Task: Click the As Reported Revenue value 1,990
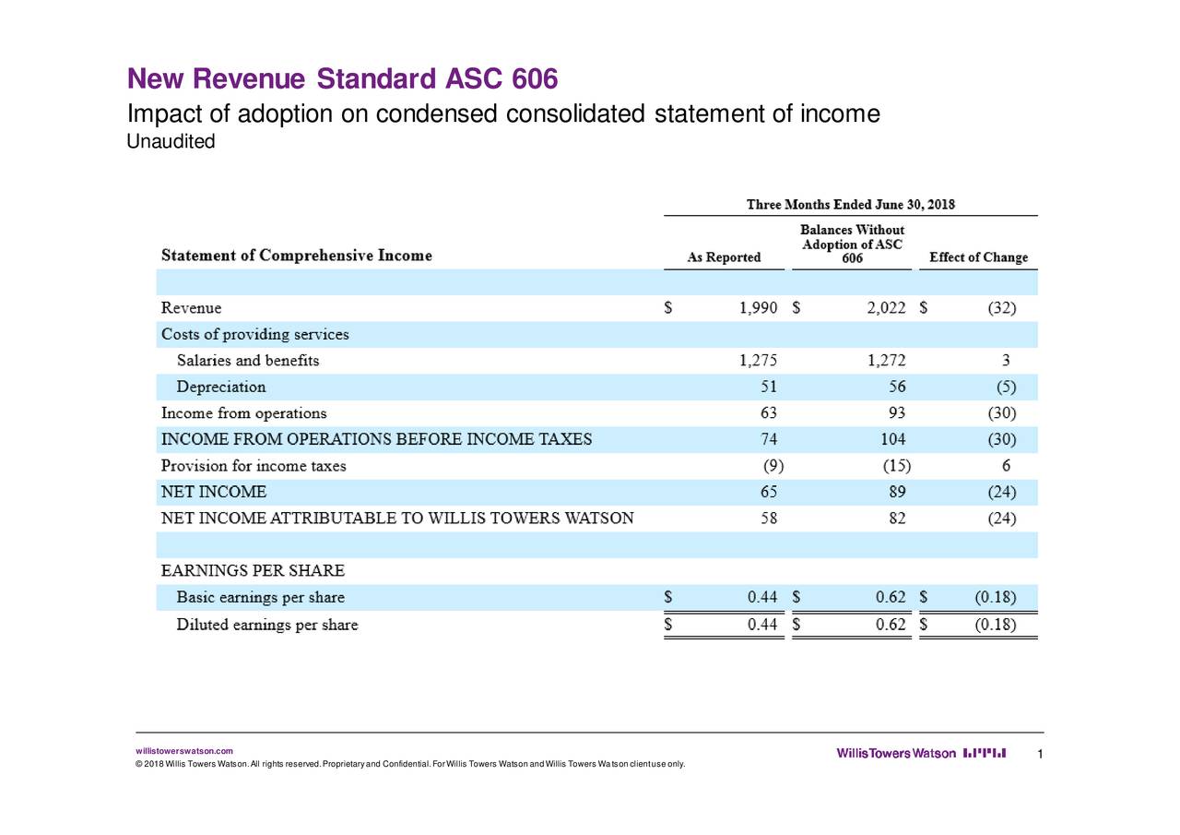758,308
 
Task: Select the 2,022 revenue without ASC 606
886,308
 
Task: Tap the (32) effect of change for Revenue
1001,308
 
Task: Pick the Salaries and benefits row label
248,361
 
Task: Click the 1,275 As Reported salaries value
758,361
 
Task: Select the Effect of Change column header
978,257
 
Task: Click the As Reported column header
725,257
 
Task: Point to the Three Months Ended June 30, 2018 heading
851,205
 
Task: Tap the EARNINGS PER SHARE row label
253,571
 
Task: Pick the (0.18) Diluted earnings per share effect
996,625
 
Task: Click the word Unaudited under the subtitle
171,142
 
